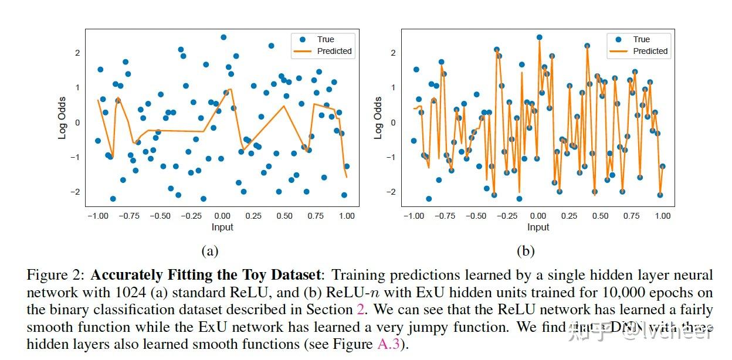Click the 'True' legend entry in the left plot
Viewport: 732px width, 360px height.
325,39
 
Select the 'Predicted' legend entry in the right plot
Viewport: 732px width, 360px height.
650,51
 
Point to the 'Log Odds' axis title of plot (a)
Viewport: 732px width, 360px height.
62,118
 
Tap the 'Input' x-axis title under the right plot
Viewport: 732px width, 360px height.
538,227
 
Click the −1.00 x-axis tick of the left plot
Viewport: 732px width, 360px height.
97,216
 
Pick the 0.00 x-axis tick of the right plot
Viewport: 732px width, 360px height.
538,216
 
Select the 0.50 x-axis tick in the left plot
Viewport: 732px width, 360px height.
284,216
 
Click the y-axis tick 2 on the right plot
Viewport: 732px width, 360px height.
394,53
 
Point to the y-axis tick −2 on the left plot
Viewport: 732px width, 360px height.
76,192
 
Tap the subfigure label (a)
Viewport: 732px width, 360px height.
209,252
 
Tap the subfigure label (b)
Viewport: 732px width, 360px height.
525,252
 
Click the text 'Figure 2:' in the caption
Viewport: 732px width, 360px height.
56,275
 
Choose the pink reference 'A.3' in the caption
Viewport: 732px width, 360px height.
388,344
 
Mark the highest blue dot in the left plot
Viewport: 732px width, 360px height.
223,37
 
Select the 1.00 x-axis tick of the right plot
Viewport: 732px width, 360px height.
663,216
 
